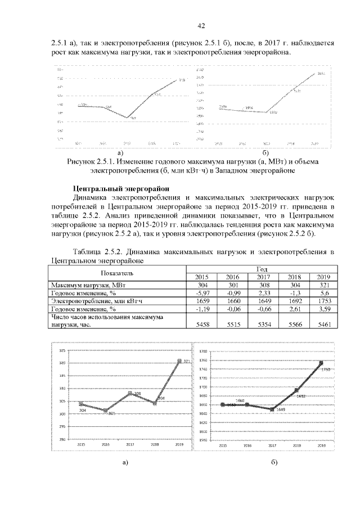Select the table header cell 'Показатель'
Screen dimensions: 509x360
click(117, 273)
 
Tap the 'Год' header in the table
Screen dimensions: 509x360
click(262, 269)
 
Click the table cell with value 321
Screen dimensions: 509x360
click(322, 285)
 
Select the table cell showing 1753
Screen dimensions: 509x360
click(322, 301)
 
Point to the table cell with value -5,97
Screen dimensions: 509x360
click(201, 293)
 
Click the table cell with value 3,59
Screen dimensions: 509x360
click(322, 309)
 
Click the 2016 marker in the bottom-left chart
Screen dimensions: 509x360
click(105, 411)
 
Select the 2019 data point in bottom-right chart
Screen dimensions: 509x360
click(321, 363)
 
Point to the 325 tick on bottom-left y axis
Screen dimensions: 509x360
click(63, 350)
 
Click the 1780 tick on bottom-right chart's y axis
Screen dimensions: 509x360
click(204, 350)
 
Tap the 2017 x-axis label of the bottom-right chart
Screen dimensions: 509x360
click(272, 444)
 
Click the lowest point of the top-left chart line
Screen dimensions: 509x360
click(128, 117)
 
